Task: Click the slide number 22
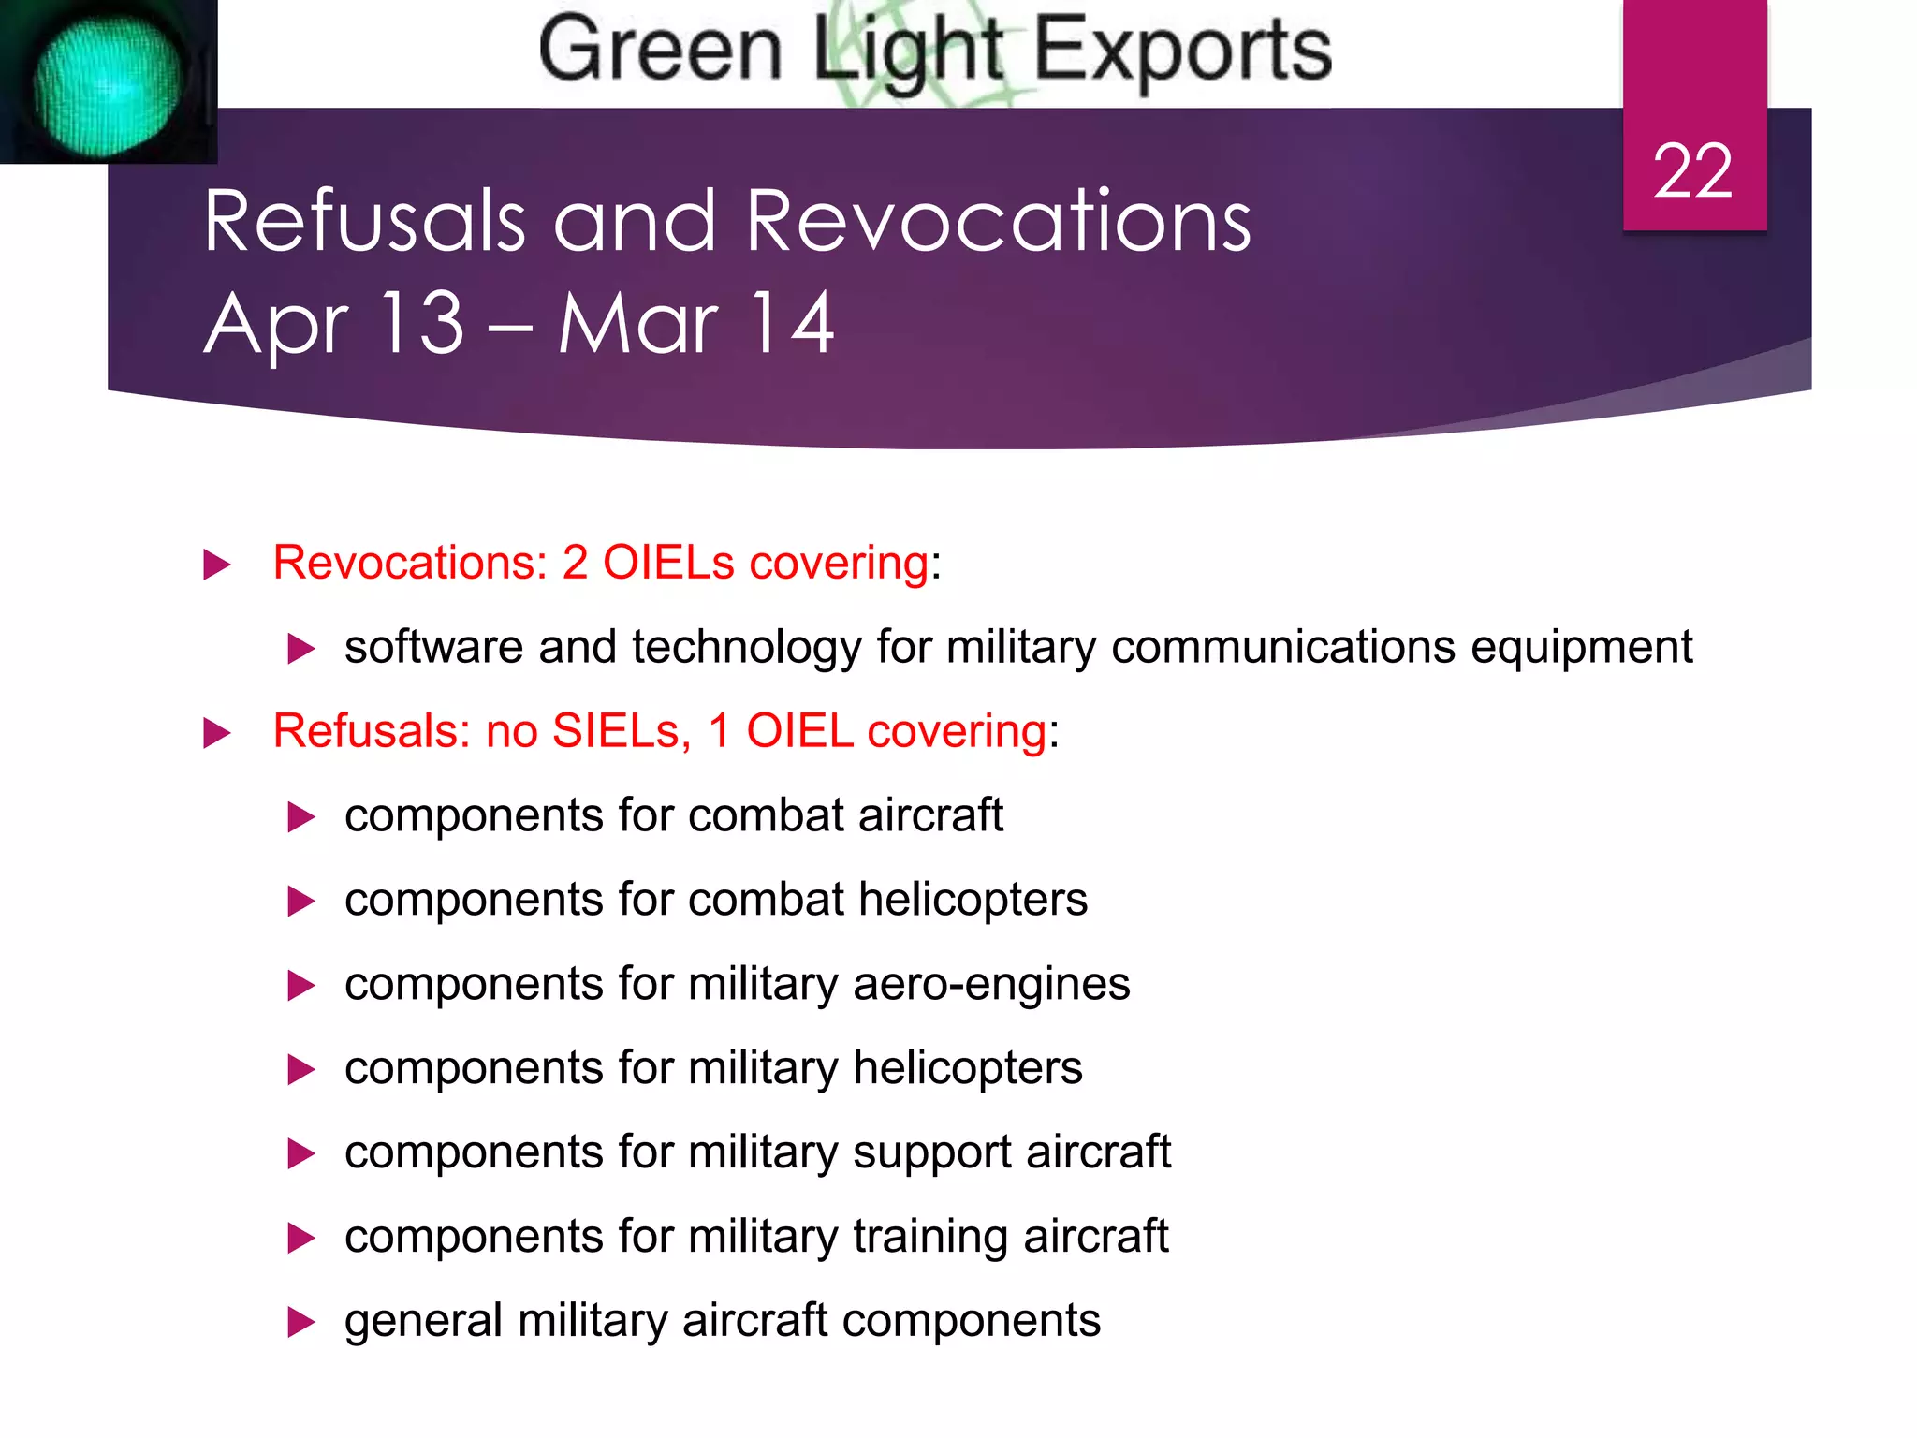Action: [1692, 171]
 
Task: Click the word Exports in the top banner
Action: [1182, 51]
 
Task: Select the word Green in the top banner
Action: [660, 51]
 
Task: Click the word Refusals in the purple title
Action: [365, 222]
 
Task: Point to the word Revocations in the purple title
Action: [998, 222]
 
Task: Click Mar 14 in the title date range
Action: [695, 324]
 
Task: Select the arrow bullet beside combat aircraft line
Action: [300, 817]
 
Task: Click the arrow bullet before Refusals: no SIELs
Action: [216, 733]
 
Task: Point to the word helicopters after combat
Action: [973, 900]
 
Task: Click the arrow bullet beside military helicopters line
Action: [300, 1070]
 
